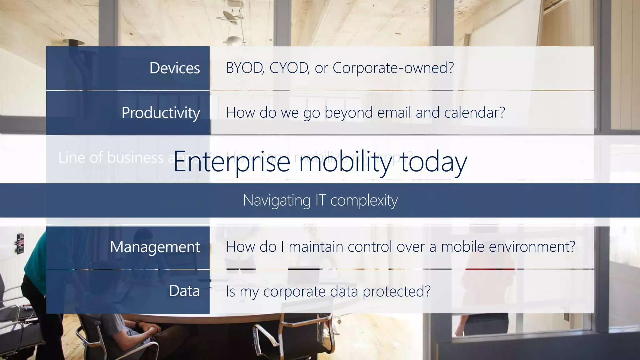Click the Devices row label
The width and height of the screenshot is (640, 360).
click(174, 68)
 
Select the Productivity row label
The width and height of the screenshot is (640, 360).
click(161, 113)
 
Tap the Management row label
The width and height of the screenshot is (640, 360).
click(155, 247)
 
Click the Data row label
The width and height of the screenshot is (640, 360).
click(184, 291)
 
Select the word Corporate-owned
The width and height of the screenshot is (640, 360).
click(393, 68)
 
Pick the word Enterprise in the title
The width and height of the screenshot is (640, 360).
click(232, 162)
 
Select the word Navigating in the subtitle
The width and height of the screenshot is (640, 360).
click(277, 201)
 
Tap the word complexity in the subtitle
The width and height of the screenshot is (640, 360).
click(364, 201)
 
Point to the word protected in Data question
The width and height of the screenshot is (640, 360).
click(396, 292)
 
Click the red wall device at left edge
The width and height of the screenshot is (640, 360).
click(20, 243)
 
